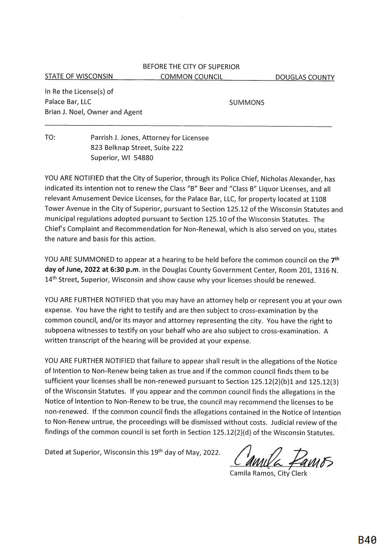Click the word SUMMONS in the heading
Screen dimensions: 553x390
point(247,103)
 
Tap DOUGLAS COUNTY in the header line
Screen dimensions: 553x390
point(304,78)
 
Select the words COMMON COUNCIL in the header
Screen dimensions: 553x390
point(192,77)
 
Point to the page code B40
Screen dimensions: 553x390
point(367,540)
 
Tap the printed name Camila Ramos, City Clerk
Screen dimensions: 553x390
point(268,474)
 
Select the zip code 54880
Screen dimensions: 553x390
point(144,158)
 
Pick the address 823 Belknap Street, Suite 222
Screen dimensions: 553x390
point(137,148)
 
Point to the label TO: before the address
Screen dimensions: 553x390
point(50,138)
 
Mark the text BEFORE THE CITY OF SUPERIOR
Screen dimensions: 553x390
point(191,67)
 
